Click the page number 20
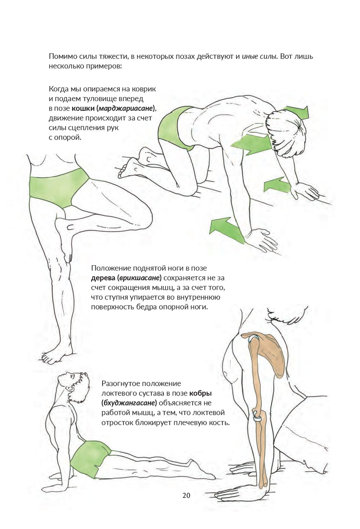tap(186, 495)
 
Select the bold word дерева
tap(103, 278)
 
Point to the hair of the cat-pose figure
tap(286, 135)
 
